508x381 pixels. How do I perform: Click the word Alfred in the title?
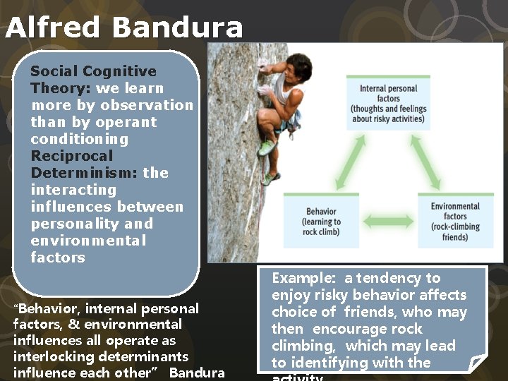click(x=53, y=28)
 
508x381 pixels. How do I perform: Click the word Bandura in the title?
click(x=176, y=28)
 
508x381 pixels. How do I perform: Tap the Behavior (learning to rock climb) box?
click(x=321, y=221)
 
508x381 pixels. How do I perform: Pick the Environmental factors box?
click(x=455, y=221)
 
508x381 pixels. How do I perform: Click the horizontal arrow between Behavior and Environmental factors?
click(x=388, y=222)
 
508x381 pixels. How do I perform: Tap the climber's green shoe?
click(x=267, y=147)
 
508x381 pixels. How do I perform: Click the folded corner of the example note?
click(x=477, y=363)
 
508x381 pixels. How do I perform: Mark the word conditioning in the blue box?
click(x=80, y=139)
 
